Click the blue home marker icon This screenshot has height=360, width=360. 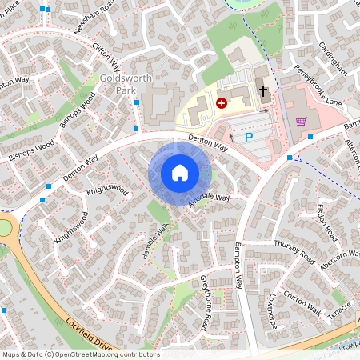coord(180,173)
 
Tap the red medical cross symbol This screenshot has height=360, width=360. coord(221,103)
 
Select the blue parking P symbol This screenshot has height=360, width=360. coord(249,137)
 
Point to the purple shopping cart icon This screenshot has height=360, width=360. coord(301,122)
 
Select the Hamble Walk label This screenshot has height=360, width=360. coord(157,234)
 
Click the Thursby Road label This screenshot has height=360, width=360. coord(294,251)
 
